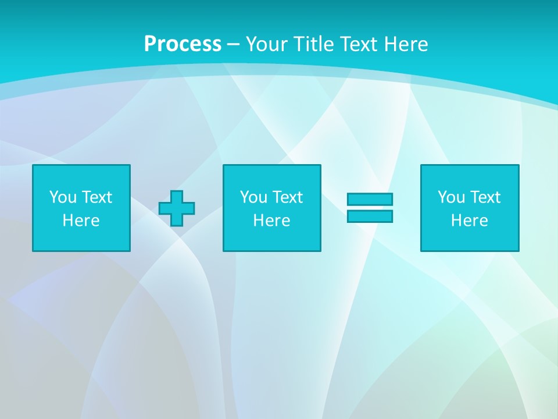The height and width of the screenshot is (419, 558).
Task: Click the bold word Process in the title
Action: pos(183,44)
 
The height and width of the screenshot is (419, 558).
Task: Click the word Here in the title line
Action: pos(406,44)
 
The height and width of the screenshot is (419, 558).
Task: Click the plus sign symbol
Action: pos(177,208)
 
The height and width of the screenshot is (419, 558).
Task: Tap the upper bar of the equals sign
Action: pos(370,199)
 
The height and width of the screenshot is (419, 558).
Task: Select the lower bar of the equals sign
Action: pos(370,216)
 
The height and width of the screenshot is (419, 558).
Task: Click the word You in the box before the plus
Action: pos(63,197)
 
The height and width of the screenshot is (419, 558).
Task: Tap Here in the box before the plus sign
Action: pos(81,221)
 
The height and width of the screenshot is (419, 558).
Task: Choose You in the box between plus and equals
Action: pos(253,197)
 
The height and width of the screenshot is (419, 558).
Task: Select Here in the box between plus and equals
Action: pos(272,221)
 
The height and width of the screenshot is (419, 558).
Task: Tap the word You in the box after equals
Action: pos(451,197)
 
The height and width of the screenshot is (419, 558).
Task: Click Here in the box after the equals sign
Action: pos(470,221)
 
